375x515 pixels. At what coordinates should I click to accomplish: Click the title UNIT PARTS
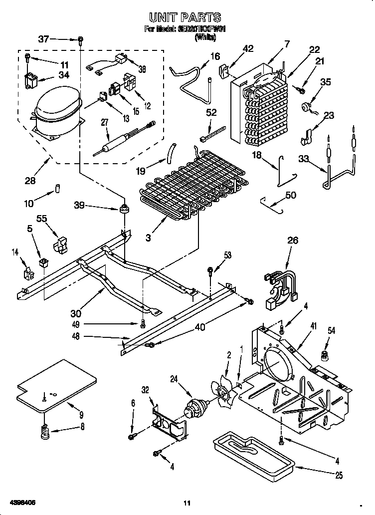pos(185,18)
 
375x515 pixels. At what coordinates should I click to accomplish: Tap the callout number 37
pos(44,39)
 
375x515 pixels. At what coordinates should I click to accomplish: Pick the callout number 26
pos(293,241)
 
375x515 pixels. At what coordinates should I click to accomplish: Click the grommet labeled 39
pos(123,208)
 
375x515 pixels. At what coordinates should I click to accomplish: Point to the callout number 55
pos(41,219)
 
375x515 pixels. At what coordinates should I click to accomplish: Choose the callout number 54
pos(331,330)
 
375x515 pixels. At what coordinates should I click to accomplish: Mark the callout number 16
pos(214,56)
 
